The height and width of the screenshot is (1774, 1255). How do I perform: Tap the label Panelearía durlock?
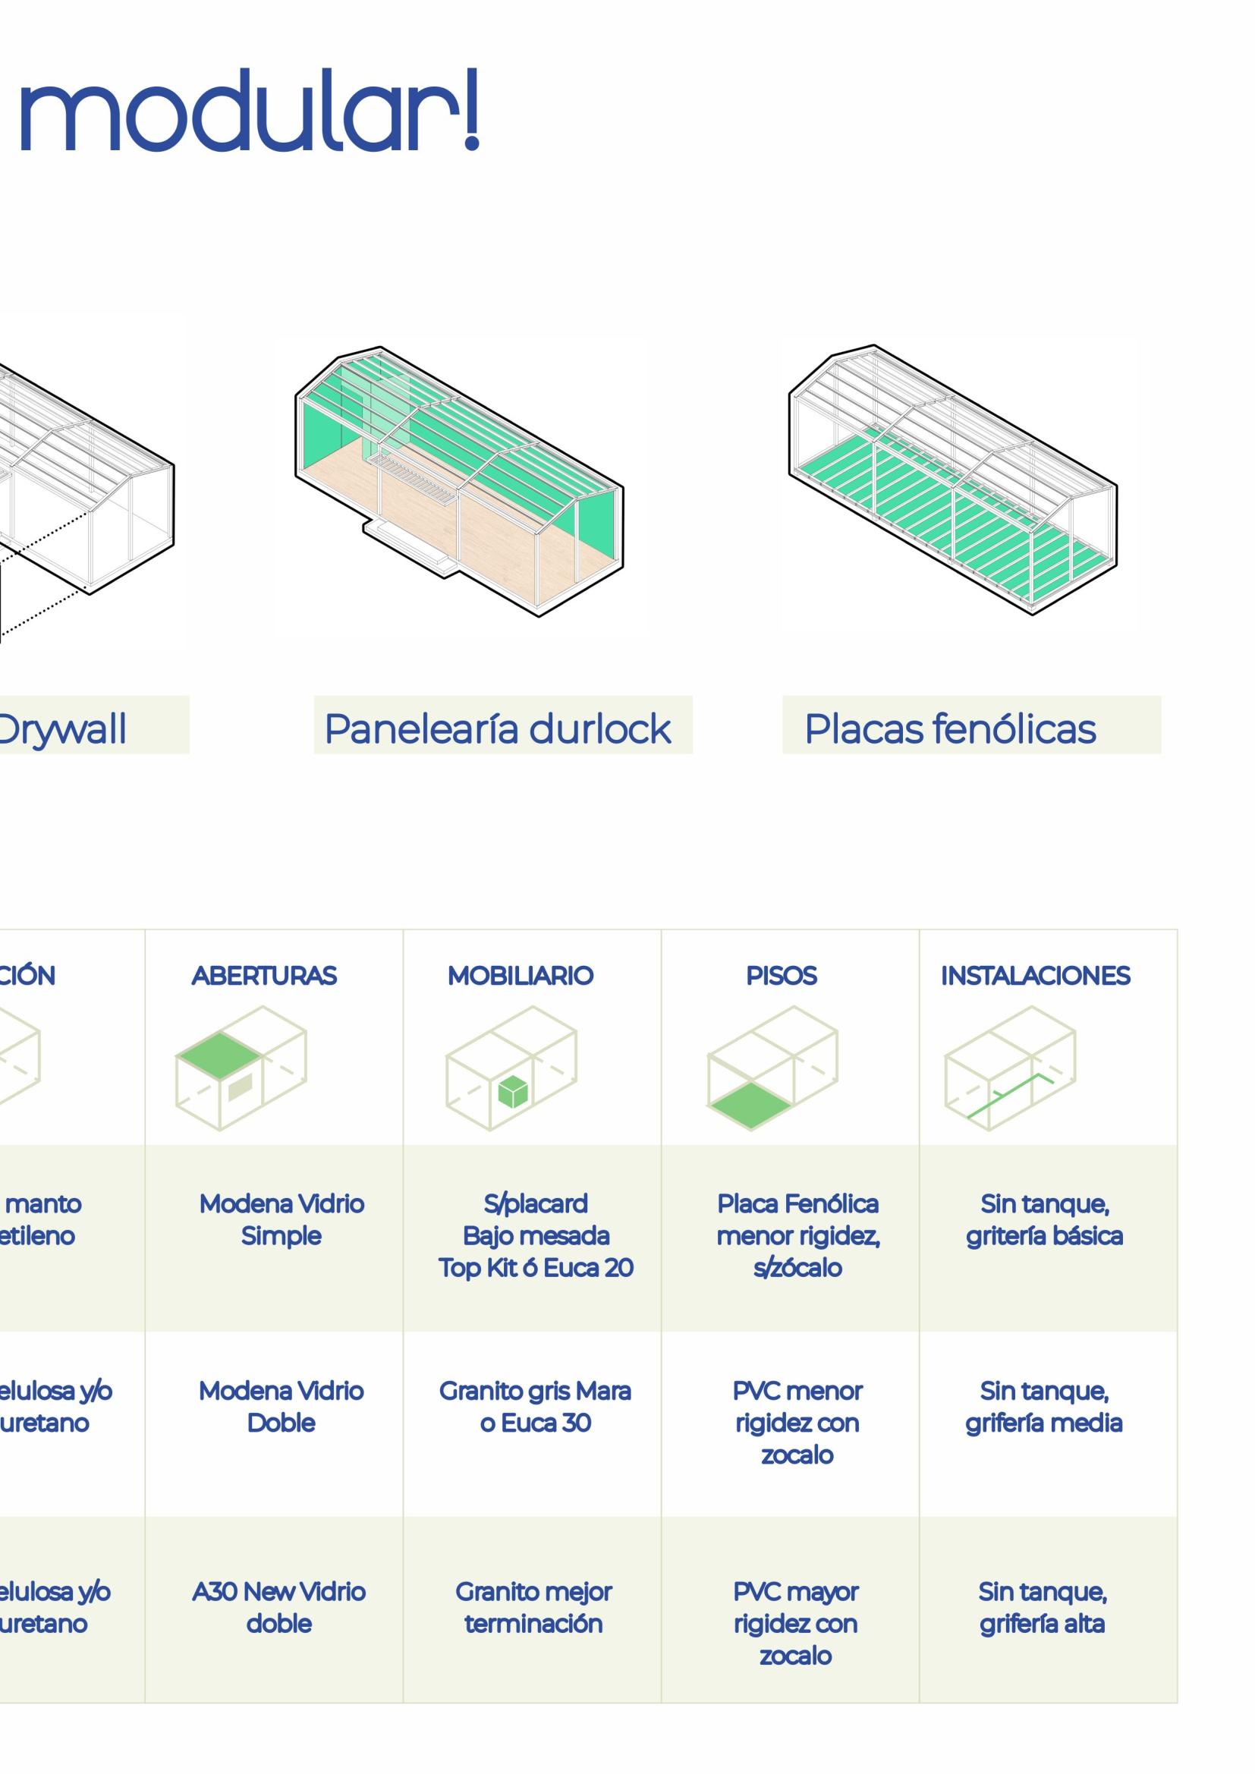click(498, 728)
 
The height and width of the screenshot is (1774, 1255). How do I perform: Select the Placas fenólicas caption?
click(950, 728)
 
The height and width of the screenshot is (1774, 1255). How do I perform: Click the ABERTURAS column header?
click(264, 976)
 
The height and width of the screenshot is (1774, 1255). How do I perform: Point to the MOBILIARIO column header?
click(520, 976)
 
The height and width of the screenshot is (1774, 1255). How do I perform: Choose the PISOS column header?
click(782, 976)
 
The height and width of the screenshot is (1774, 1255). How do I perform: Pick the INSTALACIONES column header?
click(1035, 976)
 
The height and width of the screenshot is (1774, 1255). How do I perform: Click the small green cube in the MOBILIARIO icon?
click(512, 1092)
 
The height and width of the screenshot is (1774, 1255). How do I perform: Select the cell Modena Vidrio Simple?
click(282, 1219)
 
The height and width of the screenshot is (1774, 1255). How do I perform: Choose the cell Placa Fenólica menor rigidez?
click(797, 1235)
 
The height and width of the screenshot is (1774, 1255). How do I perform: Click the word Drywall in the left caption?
click(61, 728)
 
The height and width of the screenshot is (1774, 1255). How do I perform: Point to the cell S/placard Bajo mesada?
click(536, 1235)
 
